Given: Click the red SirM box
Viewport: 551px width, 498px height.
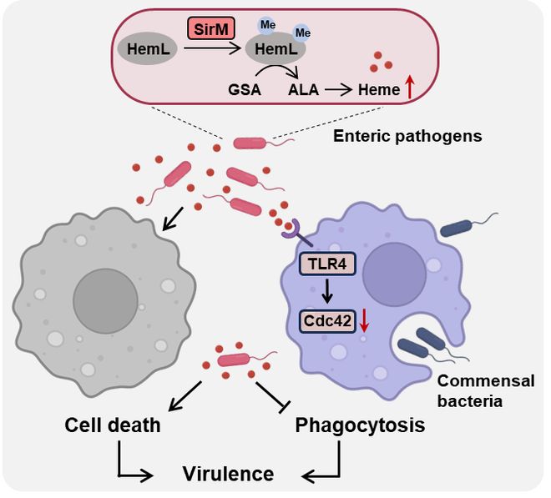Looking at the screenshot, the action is (x=211, y=28).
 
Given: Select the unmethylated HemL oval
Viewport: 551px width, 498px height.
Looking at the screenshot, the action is (x=147, y=49).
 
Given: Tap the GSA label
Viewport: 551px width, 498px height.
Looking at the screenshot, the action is (x=245, y=90).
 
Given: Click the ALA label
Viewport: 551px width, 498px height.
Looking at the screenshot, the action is (x=303, y=90).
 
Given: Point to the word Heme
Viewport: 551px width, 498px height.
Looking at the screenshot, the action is (x=379, y=90).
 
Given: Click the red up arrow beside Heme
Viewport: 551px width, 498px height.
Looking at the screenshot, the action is (x=410, y=88).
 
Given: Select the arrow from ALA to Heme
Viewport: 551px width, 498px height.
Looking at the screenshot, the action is (x=338, y=90).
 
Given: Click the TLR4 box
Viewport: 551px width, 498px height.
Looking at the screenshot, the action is (x=327, y=264).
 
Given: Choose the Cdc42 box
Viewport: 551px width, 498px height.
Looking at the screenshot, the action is (x=327, y=320).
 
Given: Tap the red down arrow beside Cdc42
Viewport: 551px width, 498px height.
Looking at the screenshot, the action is (x=364, y=320).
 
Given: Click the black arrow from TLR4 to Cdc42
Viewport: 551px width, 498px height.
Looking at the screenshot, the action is (x=327, y=291).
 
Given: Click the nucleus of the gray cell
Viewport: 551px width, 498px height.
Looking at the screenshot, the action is (x=105, y=300).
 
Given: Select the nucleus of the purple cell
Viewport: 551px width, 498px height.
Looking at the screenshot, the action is (x=394, y=274).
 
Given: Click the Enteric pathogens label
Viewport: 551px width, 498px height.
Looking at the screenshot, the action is (x=407, y=136).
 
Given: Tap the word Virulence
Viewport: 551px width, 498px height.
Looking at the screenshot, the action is (x=228, y=474).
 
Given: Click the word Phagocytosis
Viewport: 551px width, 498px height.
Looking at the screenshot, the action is (x=360, y=425).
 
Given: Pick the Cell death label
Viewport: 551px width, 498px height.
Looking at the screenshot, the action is (x=113, y=425).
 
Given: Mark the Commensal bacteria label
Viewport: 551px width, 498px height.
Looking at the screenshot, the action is (x=486, y=391).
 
